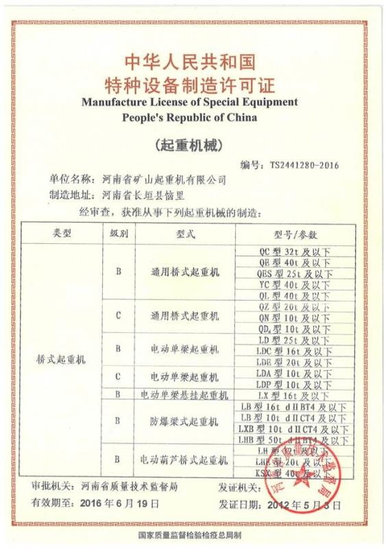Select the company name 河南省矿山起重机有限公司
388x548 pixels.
pyautogui.click(x=154, y=179)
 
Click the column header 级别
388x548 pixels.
pyautogui.click(x=119, y=234)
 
